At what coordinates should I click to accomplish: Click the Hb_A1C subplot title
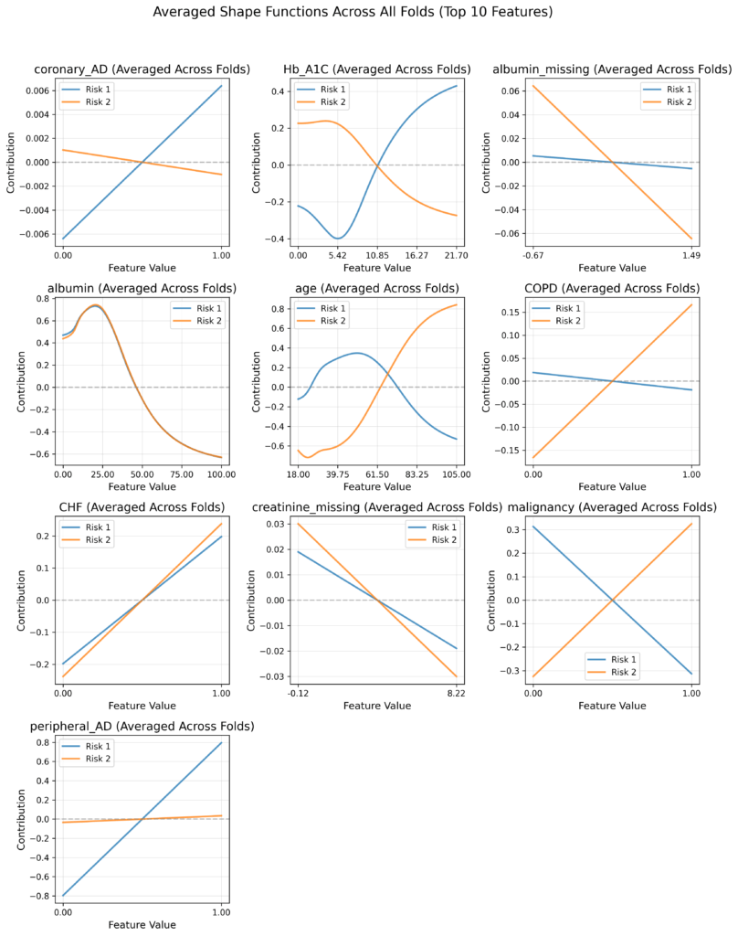(376, 69)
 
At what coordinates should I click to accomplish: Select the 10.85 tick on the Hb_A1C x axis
(376, 255)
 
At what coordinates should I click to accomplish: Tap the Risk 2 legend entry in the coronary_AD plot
(95, 102)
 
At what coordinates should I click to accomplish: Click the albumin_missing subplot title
(612, 69)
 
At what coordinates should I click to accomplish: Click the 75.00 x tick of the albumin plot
(182, 474)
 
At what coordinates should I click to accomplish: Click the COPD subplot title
(612, 288)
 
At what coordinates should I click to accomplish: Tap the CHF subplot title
(142, 507)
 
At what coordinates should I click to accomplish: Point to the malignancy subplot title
(612, 507)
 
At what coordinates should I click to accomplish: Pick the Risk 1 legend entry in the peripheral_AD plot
(95, 746)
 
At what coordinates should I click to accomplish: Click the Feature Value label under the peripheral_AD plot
(142, 924)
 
